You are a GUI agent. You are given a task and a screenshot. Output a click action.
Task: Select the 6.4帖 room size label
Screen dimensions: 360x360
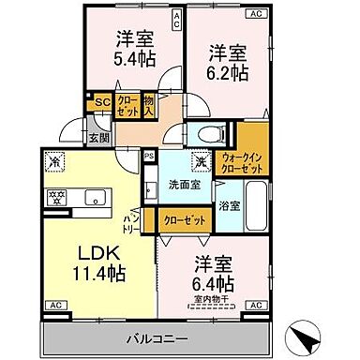tap(216, 282)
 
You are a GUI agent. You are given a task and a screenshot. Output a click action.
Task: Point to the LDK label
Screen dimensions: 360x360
tap(95, 254)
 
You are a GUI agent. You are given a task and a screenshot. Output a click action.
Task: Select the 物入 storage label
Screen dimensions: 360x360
tap(147, 106)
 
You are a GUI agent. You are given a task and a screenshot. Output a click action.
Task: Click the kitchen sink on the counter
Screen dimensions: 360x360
tap(94, 197)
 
